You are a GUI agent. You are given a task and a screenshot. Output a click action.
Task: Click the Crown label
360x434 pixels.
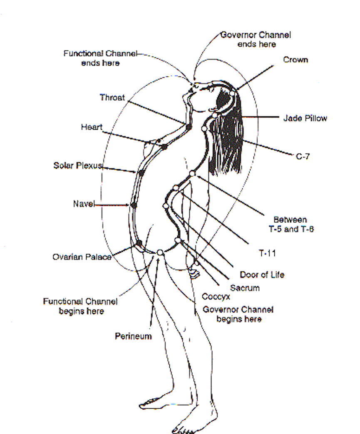coord(295,60)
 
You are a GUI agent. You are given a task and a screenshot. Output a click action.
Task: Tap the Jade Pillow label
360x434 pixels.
coord(305,118)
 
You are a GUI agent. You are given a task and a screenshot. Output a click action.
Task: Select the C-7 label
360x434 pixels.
coord(303,156)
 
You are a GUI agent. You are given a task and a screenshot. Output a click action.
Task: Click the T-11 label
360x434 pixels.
coord(267,253)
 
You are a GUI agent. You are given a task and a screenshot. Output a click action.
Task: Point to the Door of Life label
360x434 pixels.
coord(262,274)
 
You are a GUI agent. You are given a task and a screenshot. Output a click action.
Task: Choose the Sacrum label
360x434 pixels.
coord(245,288)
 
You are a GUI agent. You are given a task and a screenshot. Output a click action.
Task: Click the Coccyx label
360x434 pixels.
coord(216,297)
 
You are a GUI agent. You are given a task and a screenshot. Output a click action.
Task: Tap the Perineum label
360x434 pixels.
coord(133,336)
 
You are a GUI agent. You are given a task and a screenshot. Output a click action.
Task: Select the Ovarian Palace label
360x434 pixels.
coord(82,257)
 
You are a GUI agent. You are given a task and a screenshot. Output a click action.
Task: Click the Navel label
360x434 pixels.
coord(84,204)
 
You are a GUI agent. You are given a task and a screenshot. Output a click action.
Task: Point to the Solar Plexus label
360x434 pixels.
coord(78,165)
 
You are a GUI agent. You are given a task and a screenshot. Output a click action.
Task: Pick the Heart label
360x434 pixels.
coord(92,127)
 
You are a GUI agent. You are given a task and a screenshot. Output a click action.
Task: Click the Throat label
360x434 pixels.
coord(112,97)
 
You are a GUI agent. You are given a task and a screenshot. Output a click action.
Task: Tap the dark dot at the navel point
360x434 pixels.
coord(134,205)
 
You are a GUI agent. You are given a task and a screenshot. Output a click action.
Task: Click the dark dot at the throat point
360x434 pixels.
coord(189,127)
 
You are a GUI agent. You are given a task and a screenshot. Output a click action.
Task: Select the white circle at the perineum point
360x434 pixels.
coord(160,252)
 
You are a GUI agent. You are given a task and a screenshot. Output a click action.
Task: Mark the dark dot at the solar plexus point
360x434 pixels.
coord(141,173)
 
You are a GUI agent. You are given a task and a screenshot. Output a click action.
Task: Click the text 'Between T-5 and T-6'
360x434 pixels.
coord(291,224)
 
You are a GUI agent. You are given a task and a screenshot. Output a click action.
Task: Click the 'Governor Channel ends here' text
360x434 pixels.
coord(256,39)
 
